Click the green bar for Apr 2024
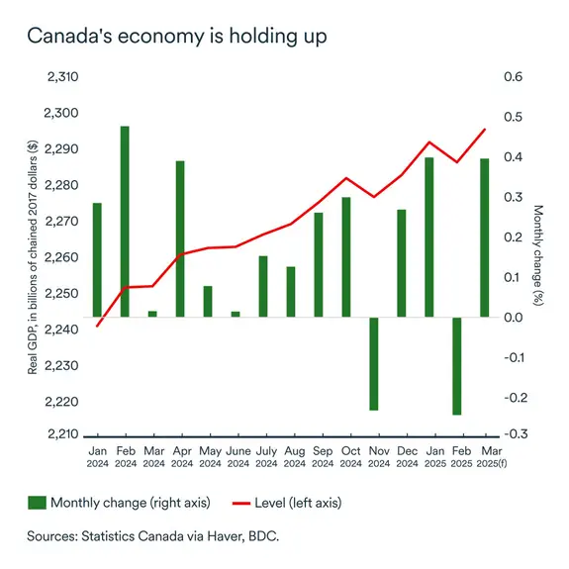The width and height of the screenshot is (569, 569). [x=180, y=238]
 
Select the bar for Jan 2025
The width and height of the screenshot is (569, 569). [x=429, y=237]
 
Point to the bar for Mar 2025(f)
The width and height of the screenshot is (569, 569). [x=485, y=237]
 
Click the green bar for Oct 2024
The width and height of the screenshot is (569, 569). [x=346, y=257]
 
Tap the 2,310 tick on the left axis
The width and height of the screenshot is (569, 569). [x=61, y=77]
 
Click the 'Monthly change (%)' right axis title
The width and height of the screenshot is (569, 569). [x=538, y=255]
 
